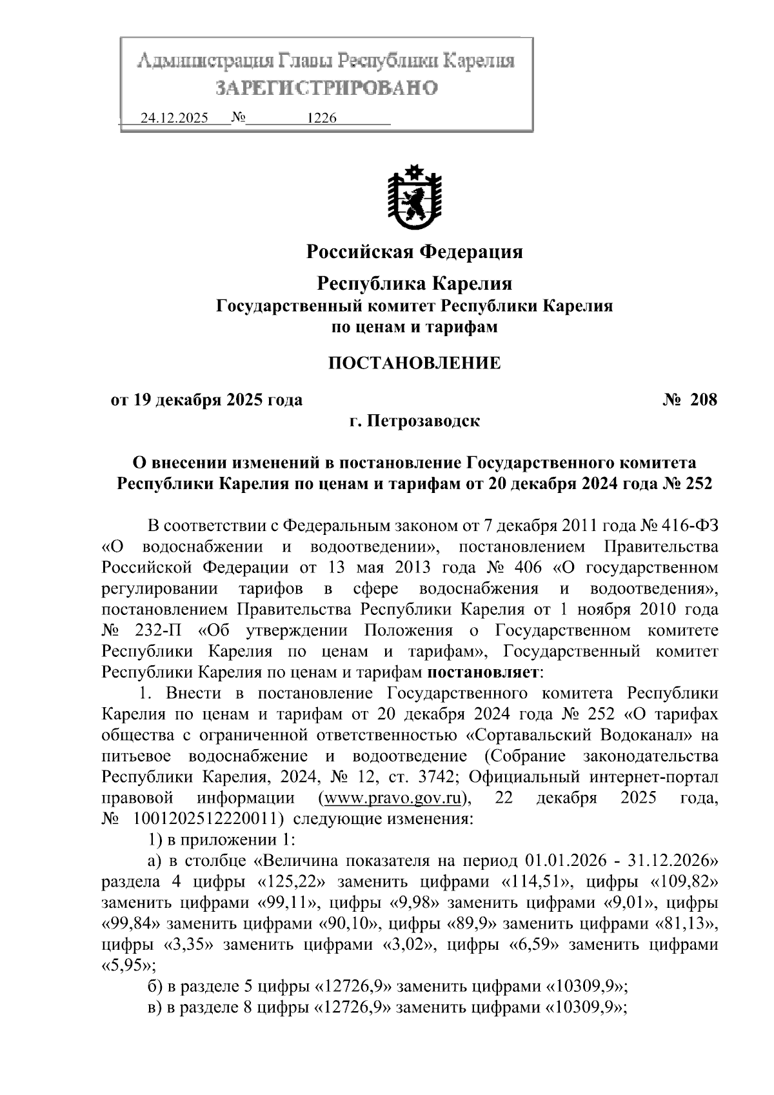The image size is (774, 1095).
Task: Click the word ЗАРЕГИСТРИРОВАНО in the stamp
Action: (x=326, y=87)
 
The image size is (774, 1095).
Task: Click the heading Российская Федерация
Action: (x=414, y=251)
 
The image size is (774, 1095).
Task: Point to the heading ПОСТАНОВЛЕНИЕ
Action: (x=414, y=363)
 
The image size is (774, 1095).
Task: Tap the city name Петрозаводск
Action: (x=423, y=421)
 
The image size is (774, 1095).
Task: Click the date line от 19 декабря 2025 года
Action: (x=206, y=400)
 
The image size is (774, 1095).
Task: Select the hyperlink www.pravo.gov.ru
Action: (x=393, y=798)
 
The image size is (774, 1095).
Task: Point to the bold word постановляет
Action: (x=482, y=672)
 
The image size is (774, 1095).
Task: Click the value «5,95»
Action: (x=128, y=965)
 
